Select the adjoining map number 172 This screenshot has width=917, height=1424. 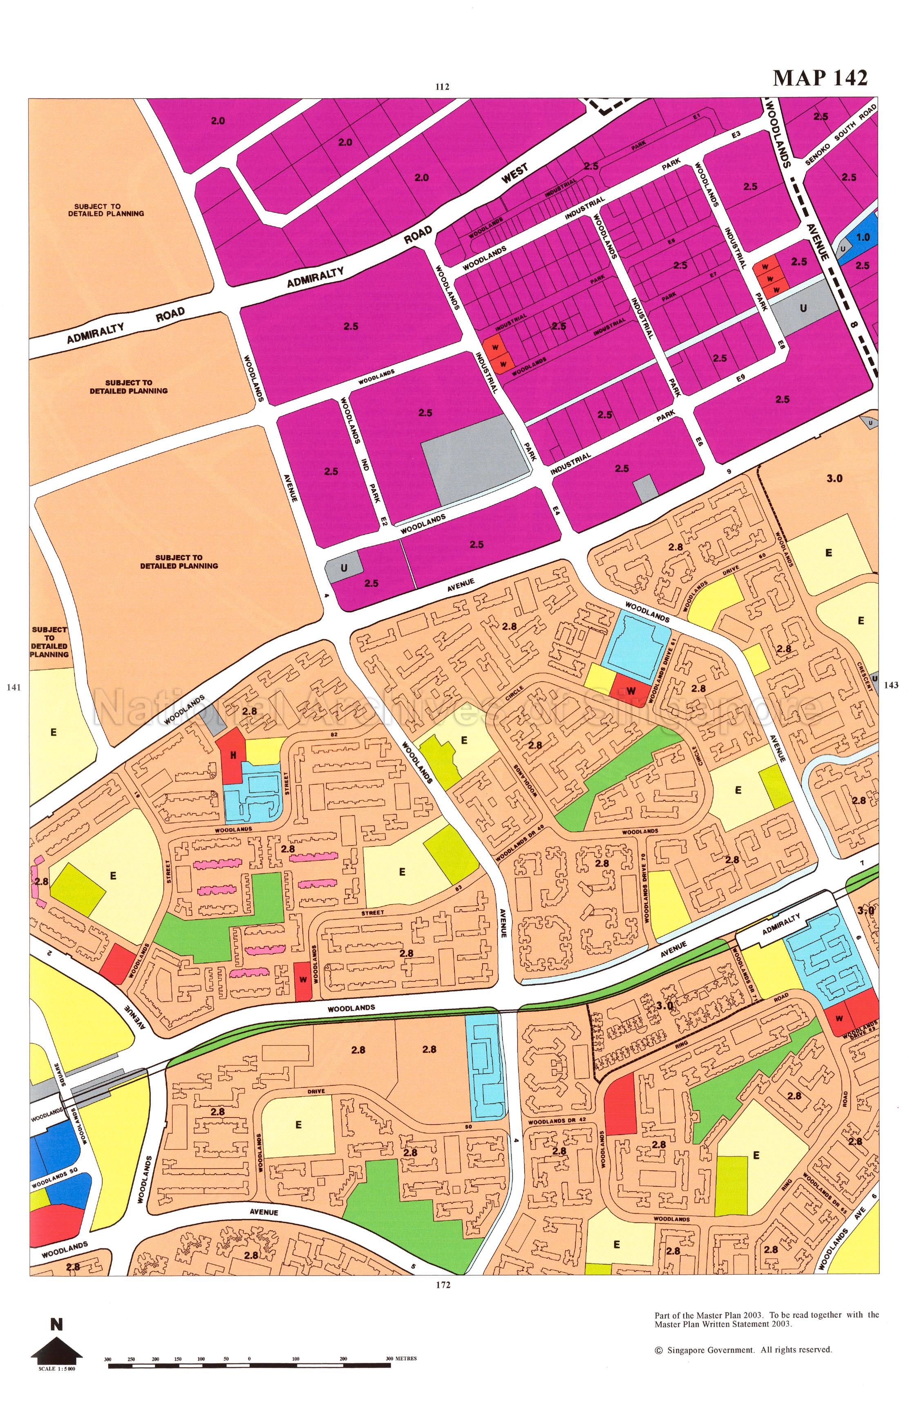443,1285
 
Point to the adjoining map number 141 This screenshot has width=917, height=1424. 13,687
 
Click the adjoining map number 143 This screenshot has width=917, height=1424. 891,685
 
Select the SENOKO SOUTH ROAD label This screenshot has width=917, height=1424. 841,134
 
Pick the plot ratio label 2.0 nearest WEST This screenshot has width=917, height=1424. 421,177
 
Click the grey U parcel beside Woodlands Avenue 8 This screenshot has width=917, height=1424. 803,309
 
